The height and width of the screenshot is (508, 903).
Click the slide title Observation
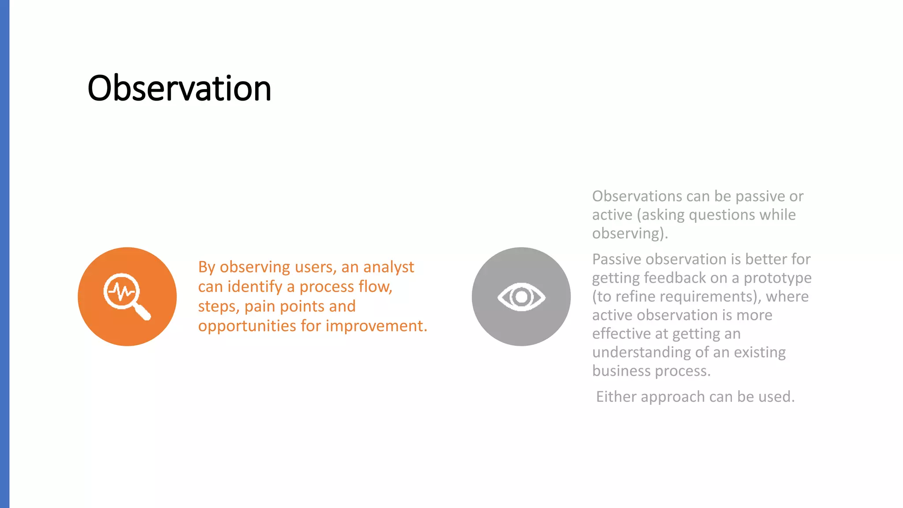pyautogui.click(x=179, y=88)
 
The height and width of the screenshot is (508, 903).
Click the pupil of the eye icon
pyautogui.click(x=522, y=297)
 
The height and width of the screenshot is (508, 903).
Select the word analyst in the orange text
pyautogui.click(x=388, y=267)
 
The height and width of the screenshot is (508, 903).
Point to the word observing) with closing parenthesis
pyautogui.click(x=629, y=234)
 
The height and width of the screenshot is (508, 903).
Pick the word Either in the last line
pyautogui.click(x=616, y=397)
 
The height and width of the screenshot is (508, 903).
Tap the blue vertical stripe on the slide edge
pyautogui.click(x=4, y=254)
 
